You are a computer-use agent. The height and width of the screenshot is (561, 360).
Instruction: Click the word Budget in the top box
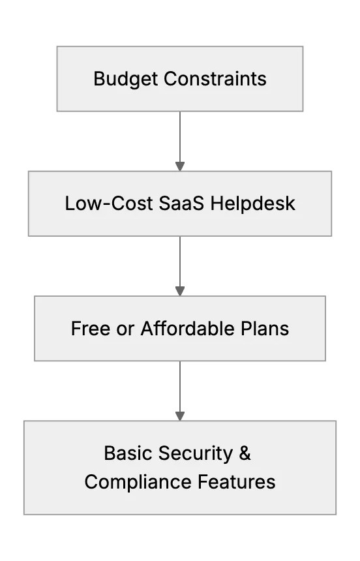[x=125, y=79]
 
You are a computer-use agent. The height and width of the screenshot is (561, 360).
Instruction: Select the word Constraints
[x=215, y=79]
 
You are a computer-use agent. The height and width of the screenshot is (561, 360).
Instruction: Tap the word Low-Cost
[x=109, y=204]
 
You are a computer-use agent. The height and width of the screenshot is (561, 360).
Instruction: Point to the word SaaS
[x=181, y=204]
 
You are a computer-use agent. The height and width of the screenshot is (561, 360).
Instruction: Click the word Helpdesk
[x=252, y=204]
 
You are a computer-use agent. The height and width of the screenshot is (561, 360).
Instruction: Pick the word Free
[x=91, y=328]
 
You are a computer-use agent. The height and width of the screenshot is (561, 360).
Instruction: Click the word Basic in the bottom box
[x=128, y=453]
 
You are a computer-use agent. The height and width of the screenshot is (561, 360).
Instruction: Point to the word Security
[x=196, y=453]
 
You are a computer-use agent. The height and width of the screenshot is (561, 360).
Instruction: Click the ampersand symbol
[x=245, y=453]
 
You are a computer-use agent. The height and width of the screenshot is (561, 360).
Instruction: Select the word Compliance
[x=138, y=482]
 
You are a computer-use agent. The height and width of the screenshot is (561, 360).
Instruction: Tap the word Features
[x=237, y=481]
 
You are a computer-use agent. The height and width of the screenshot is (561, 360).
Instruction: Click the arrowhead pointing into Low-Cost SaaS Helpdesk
[x=180, y=166]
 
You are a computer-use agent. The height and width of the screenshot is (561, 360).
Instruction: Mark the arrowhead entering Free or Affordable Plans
[x=180, y=291]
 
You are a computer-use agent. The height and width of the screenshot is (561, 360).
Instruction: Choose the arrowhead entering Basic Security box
[x=180, y=416]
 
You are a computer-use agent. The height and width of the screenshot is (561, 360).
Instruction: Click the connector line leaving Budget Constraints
[x=180, y=137]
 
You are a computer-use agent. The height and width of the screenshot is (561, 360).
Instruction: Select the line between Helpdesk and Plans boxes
[x=180, y=262]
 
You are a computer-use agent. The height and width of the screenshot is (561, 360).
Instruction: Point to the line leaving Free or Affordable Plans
[x=180, y=386]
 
